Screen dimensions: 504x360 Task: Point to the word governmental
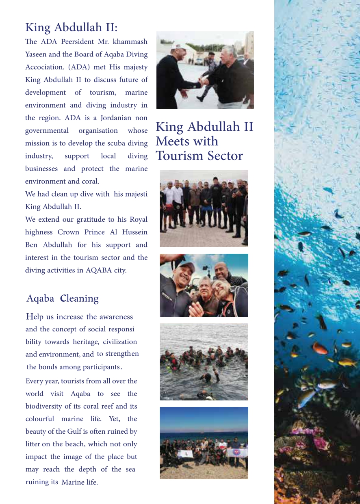47,130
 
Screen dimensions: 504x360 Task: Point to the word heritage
86,342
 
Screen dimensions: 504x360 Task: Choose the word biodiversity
45,406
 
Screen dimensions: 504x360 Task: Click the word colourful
39,419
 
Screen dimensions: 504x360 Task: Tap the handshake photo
205,70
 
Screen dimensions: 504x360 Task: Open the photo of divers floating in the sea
204,361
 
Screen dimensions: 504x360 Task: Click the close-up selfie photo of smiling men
204,285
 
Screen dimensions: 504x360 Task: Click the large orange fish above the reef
319,348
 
